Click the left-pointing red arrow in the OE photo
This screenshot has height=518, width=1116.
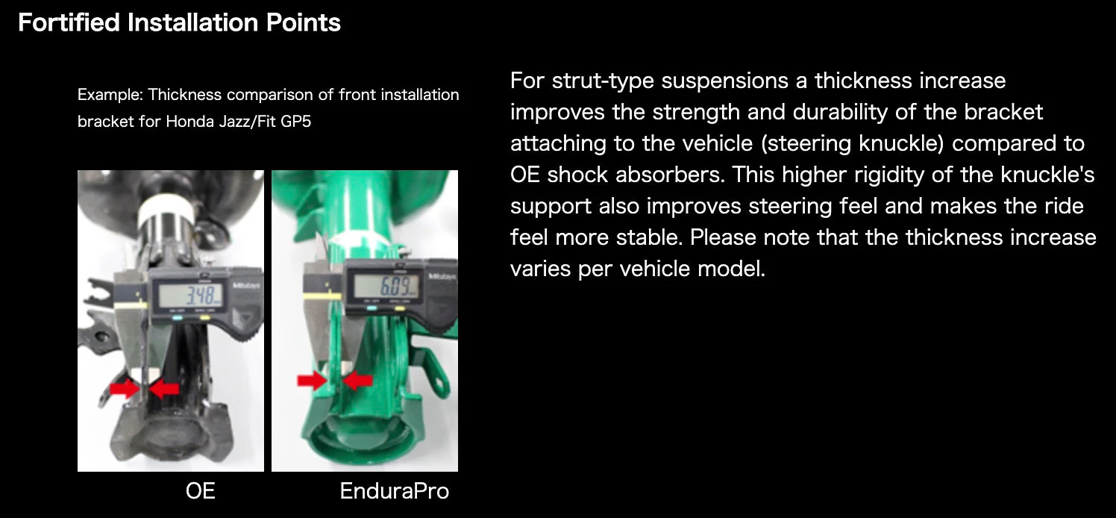pos(164,387)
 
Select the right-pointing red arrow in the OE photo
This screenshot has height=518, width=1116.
pos(125,387)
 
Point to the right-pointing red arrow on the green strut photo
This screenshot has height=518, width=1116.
pos(312,381)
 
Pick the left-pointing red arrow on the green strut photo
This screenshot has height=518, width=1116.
pos(358,381)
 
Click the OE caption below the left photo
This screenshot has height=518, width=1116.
pos(200,491)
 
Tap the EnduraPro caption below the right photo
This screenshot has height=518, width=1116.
pos(395,491)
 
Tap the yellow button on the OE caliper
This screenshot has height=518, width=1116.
pos(204,319)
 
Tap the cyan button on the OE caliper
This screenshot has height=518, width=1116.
pos(178,319)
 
